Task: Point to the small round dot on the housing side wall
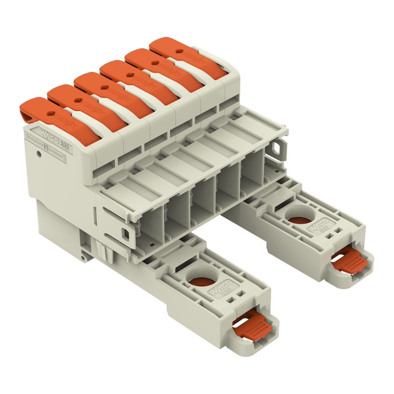pos(39,153)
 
